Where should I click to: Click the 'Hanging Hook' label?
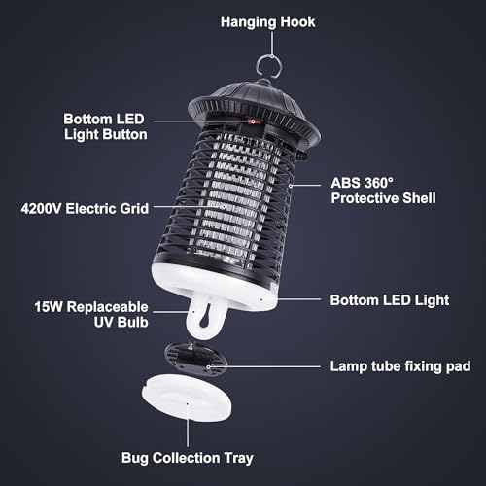[267, 22]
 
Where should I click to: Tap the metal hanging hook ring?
[259, 66]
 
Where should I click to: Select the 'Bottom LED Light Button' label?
[105, 126]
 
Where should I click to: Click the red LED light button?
[254, 121]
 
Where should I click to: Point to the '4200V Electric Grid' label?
[85, 208]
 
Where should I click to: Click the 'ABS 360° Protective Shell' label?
[383, 191]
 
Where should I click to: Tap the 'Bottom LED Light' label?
[390, 300]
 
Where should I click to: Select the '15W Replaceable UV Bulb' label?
[91, 314]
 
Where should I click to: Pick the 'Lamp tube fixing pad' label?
[400, 366]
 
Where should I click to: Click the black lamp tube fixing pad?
[196, 360]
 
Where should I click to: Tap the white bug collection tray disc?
[187, 398]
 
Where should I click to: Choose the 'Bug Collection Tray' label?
[188, 458]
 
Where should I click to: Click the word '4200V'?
[41, 208]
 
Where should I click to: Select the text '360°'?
[378, 183]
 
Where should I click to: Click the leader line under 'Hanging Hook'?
[272, 44]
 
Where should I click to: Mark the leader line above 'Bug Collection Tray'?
[188, 426]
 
